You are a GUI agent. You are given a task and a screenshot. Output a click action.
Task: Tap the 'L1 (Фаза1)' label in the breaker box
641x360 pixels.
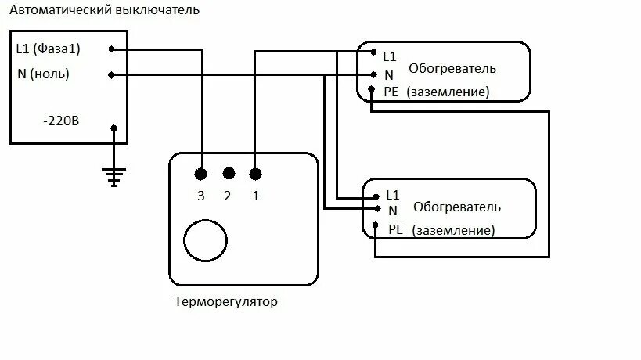49,49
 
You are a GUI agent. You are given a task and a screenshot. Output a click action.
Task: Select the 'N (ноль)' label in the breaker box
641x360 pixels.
43,74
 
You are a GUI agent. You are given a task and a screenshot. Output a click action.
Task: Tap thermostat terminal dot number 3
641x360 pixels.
201,174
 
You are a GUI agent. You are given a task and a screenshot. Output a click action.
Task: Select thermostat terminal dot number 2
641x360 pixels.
229,174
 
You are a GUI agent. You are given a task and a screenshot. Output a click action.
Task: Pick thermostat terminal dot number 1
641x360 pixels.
255,174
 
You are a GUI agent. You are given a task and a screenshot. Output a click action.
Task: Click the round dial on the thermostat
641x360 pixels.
203,240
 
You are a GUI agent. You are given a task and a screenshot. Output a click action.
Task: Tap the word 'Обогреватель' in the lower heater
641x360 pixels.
456,207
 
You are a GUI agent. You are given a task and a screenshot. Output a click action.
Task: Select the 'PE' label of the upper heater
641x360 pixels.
391,92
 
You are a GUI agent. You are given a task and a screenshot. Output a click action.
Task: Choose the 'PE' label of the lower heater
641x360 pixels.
396,229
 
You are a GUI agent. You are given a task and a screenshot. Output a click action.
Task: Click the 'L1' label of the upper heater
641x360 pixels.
390,56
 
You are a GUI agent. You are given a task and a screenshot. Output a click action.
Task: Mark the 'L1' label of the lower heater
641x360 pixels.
393,194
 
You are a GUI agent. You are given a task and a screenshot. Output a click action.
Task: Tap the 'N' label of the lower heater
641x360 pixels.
392,211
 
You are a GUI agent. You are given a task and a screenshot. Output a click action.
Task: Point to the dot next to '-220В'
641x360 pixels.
114,128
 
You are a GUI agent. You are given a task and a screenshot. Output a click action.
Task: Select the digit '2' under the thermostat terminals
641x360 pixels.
228,196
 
